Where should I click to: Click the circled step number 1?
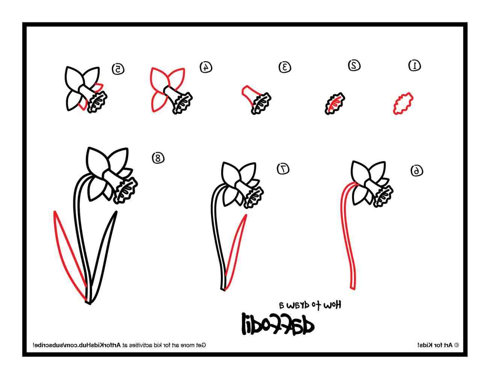(414, 65)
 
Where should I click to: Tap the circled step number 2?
(354, 65)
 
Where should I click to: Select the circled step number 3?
(285, 67)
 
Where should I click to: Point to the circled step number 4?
(206, 67)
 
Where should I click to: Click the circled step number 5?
(118, 68)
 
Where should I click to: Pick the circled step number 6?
(416, 170)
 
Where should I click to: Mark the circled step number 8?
(158, 158)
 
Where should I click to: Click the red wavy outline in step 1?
(404, 104)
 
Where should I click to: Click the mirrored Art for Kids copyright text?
(438, 345)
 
